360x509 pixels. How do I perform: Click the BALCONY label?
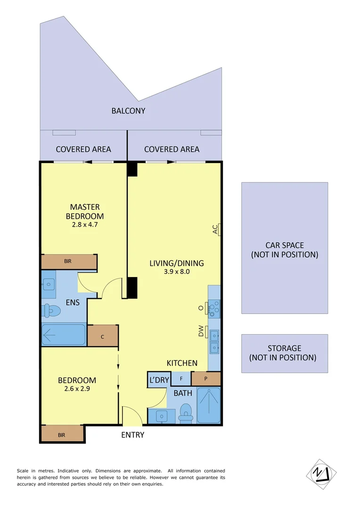[128, 111]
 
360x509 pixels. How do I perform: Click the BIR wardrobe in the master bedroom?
[69, 262]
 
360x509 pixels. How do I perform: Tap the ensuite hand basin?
[49, 284]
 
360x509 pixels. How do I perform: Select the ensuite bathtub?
[63, 335]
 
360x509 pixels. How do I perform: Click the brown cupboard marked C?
[102, 336]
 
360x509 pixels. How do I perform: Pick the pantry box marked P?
[206, 379]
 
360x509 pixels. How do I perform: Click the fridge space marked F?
[181, 379]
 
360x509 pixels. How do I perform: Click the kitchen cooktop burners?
[214, 308]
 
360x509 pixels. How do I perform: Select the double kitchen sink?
[214, 342]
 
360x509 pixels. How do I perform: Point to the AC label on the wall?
[215, 230]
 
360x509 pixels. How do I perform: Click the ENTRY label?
[132, 435]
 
